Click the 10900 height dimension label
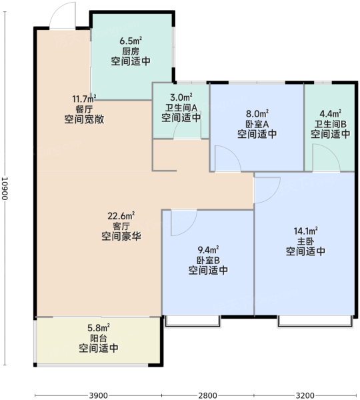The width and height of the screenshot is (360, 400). [5, 189]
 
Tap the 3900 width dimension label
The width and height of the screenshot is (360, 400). [98, 395]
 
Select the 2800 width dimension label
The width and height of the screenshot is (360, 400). [208, 395]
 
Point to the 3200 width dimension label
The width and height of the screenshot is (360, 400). [305, 395]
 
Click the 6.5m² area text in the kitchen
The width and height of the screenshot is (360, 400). [131, 41]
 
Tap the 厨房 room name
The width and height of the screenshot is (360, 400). [131, 51]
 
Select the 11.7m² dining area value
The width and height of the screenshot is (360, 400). [84, 98]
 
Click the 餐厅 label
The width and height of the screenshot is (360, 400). [84, 109]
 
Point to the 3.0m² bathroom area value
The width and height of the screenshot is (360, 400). [181, 97]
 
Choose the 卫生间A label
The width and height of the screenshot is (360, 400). [181, 107]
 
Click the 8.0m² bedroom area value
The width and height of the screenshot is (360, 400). [257, 113]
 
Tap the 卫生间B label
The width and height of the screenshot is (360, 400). [331, 124]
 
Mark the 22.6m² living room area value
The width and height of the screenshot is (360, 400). [121, 216]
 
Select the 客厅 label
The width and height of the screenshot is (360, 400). [121, 226]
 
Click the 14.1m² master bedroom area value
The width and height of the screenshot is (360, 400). [305, 231]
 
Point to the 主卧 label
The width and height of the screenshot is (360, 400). [305, 241]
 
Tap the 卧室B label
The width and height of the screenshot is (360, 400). [208, 260]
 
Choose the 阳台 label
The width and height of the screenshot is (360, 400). [99, 338]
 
